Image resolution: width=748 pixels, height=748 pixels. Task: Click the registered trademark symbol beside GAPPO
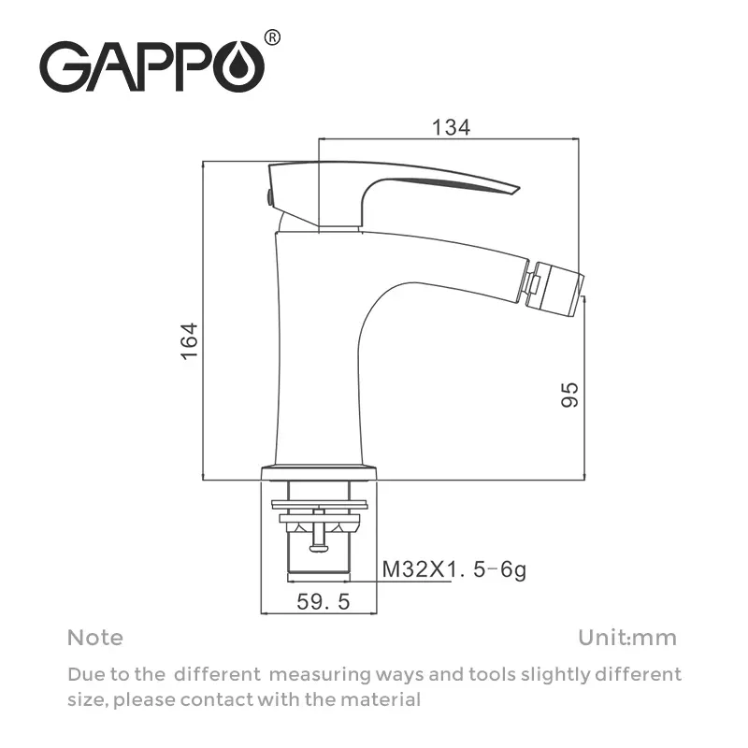point(272,37)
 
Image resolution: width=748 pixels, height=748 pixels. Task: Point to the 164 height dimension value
point(190,342)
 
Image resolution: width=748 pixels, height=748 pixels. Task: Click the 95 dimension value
point(570,394)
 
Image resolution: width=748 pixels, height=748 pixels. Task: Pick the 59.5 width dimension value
point(323,603)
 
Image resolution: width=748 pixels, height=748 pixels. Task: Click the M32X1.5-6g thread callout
point(453,568)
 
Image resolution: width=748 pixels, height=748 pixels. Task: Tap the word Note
point(94,638)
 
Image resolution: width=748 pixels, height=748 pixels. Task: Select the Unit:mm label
point(626,638)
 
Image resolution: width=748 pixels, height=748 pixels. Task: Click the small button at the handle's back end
point(267,197)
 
